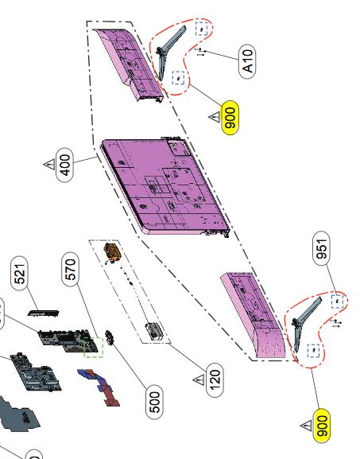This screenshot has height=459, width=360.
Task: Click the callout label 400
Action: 64,165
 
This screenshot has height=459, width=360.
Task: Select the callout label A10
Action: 247,61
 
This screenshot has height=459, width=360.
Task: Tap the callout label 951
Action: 321,248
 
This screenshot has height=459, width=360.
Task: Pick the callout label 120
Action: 215,379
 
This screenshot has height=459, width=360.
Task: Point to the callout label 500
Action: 154,402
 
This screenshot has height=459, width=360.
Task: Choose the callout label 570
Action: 71,269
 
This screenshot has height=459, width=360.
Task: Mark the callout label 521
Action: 20,273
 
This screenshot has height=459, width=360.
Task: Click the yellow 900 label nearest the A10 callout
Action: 230,118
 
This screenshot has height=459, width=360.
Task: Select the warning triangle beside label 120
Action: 199,379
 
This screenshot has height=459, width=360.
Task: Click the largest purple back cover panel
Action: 165,186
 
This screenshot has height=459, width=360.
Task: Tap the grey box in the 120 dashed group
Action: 154,331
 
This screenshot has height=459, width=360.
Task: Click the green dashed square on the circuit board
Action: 94,347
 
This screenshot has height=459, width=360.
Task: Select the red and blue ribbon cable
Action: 99,387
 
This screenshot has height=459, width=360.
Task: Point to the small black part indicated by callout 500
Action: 110,337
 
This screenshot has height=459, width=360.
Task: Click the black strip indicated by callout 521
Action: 43,313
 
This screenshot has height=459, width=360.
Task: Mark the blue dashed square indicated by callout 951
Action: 337,301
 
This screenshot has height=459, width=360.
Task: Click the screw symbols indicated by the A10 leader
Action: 200,53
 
